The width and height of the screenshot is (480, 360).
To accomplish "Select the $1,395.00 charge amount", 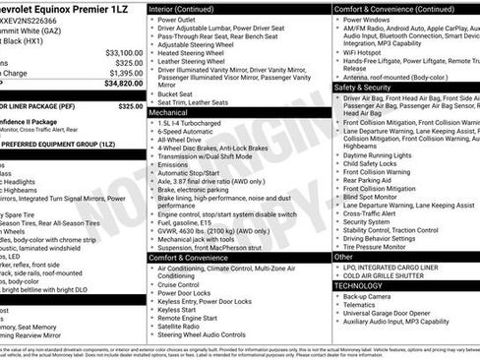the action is click(x=125, y=74).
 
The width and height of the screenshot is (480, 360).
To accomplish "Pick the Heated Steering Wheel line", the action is click(x=191, y=53).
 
